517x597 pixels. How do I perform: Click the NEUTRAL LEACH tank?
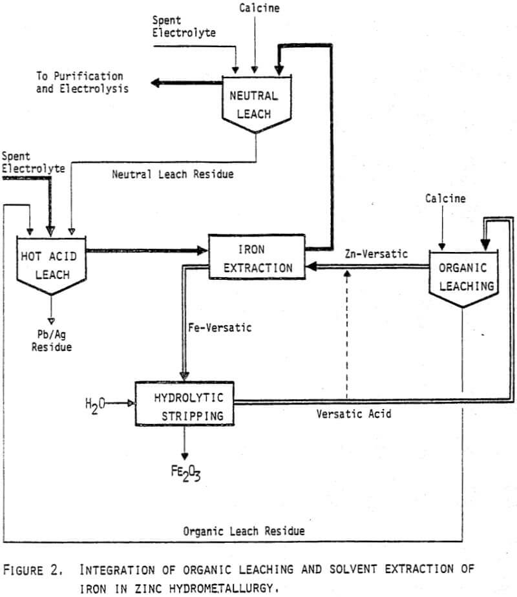(254, 104)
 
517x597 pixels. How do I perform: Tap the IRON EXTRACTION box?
(257, 257)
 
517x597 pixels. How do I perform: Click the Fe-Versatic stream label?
(220, 328)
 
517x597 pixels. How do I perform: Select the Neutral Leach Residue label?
(173, 174)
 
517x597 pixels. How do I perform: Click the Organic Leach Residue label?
(244, 531)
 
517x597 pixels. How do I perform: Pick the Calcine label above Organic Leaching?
(445, 198)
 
